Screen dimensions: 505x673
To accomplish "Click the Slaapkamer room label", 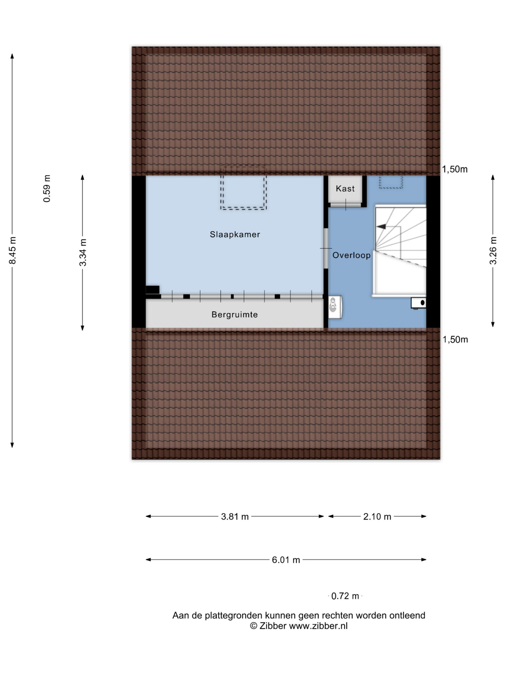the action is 235,234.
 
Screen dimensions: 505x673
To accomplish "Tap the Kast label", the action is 345,189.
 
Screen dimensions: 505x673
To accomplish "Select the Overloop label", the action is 351,255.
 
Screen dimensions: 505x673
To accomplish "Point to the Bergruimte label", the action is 235,315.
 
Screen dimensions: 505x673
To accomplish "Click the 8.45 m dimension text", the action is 12,250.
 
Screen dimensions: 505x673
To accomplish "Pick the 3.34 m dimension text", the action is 83,253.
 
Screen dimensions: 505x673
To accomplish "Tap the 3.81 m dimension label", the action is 235,517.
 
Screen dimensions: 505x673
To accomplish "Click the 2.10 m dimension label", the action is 377,517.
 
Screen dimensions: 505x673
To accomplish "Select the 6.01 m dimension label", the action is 286,560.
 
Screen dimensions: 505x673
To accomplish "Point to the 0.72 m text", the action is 345,596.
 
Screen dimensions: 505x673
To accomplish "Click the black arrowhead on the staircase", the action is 381,226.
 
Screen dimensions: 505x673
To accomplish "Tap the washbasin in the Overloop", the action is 335,307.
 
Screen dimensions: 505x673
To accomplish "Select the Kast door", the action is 346,205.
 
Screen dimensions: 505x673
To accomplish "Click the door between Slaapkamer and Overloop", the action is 326,248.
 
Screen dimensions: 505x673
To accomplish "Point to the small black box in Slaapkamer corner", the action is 153,289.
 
